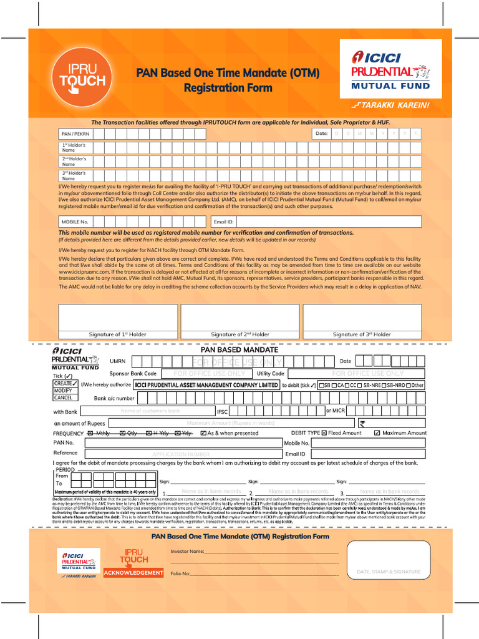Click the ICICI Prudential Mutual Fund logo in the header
coord(390,69)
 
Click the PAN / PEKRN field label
coord(75,134)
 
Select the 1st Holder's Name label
coord(73,148)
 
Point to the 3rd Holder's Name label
coord(73,175)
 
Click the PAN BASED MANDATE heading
coord(239,350)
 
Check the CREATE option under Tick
coord(65,383)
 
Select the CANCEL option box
coord(65,398)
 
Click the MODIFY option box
coord(65,391)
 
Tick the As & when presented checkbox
coord(203,433)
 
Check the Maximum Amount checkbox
coord(377,433)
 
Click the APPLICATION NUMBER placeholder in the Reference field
coord(181,454)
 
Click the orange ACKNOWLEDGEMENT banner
coord(133,573)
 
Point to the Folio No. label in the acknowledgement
coord(180,573)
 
